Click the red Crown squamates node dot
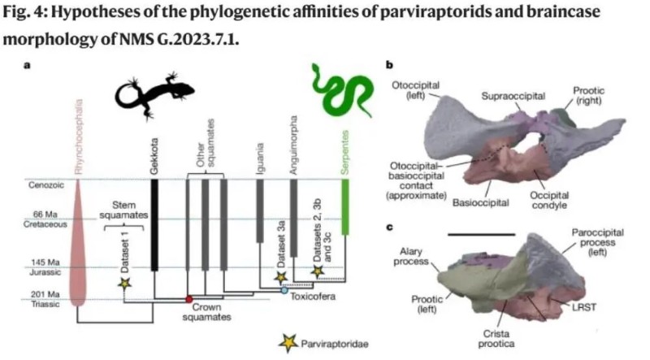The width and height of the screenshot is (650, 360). pyautogui.click(x=188, y=299)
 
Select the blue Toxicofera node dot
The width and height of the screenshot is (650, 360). pyautogui.click(x=284, y=289)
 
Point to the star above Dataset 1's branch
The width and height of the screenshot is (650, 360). pyautogui.click(x=125, y=284)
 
